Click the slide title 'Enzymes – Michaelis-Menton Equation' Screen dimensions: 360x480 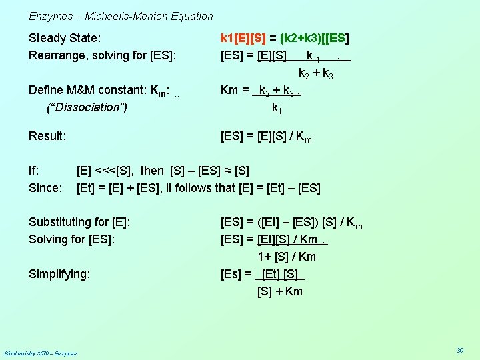(x=121, y=16)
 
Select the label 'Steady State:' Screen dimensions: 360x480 (x=65, y=38)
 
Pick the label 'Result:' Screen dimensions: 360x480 (x=47, y=136)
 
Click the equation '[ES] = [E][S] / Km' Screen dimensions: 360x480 (x=266, y=137)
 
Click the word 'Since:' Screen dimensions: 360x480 (x=45, y=188)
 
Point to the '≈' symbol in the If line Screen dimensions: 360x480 (x=227, y=171)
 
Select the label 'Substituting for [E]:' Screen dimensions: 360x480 (x=79, y=222)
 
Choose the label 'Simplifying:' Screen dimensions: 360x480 (x=59, y=273)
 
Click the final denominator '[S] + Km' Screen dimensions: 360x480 (x=280, y=291)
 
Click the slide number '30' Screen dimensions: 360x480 (x=459, y=350)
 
